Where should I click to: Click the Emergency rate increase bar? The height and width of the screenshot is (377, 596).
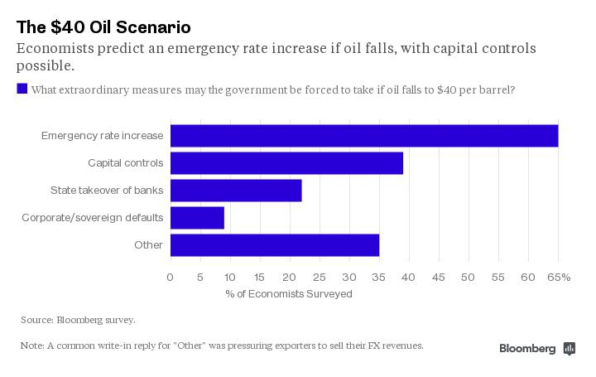click(364, 136)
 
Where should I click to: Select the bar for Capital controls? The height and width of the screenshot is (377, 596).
click(286, 163)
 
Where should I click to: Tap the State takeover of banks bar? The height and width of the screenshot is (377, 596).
click(236, 191)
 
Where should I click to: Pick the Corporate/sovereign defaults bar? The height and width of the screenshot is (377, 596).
click(197, 218)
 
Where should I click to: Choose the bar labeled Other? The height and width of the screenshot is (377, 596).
click(275, 245)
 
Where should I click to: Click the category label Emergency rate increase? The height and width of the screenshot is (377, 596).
click(103, 136)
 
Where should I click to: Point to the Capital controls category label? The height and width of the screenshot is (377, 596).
click(126, 163)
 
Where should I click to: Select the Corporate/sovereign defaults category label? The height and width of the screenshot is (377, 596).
click(93, 218)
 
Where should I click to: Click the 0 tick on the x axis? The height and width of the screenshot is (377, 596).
click(171, 277)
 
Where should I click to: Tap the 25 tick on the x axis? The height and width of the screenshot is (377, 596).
click(320, 277)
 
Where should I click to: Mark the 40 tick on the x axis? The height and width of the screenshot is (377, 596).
click(408, 277)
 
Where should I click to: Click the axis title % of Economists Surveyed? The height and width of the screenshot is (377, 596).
click(289, 294)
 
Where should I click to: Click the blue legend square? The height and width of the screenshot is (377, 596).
click(22, 89)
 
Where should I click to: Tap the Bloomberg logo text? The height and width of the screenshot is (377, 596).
click(527, 349)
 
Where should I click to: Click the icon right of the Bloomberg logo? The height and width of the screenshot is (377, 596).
click(570, 349)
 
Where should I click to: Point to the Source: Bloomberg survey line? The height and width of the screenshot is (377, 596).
click(78, 320)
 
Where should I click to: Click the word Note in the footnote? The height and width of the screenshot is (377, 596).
click(31, 346)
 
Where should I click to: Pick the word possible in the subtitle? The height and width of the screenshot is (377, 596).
click(44, 65)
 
